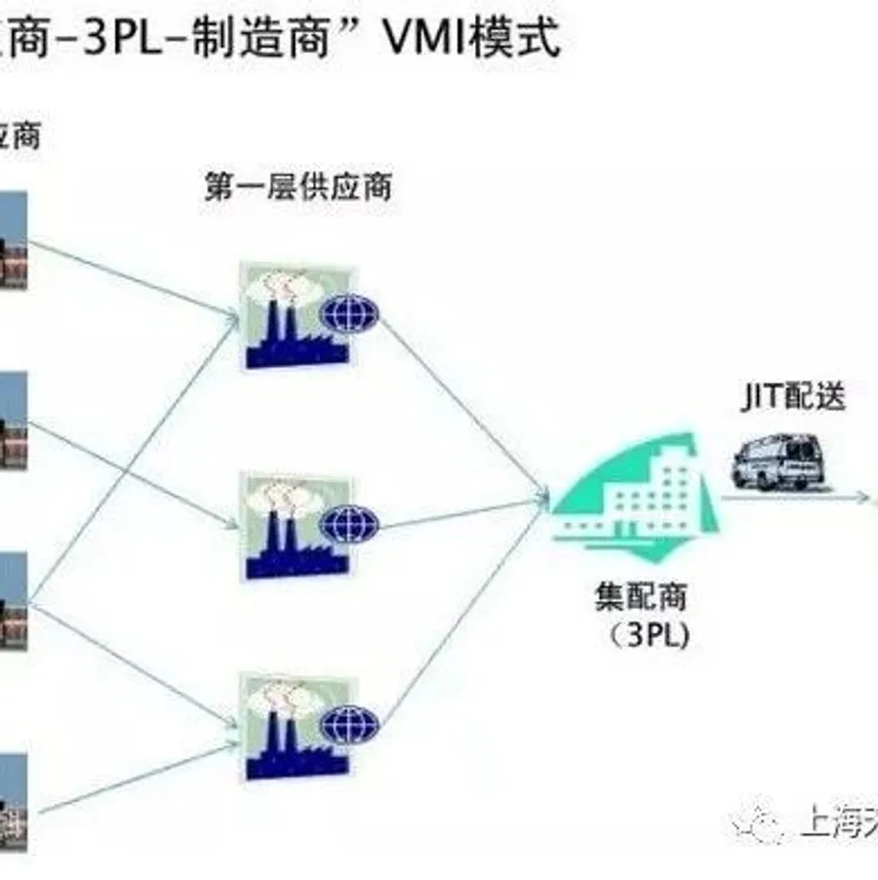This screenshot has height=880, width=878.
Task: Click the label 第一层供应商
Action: [x=298, y=185]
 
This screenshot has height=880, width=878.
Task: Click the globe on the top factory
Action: [x=349, y=313]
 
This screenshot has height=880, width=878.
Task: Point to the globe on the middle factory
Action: [x=349, y=524]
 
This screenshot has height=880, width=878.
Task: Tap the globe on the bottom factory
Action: [x=349, y=723]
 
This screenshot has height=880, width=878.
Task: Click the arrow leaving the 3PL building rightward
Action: [x=795, y=498]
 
